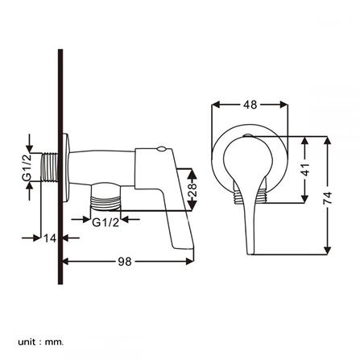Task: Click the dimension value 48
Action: pos(251,104)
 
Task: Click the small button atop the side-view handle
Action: pos(162,148)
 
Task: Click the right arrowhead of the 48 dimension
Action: pos(283,104)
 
